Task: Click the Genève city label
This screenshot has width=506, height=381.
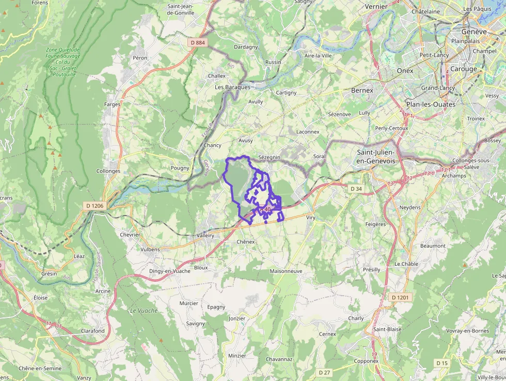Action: coord(474,32)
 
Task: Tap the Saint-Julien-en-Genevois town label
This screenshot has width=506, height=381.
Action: coord(376,157)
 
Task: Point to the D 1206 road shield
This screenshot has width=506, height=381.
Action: coord(94,206)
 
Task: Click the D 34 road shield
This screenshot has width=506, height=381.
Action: coord(356,189)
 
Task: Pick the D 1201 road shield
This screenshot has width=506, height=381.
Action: coord(400,297)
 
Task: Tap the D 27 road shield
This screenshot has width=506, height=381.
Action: coord(324,372)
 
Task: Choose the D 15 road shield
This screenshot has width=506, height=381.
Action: coord(441,363)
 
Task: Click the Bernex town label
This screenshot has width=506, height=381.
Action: coord(361,90)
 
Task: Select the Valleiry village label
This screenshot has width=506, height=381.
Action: coord(205,235)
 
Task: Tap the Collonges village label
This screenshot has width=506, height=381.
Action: coord(108,171)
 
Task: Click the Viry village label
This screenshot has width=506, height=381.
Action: coord(311,218)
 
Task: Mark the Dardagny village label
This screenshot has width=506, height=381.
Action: coord(246,47)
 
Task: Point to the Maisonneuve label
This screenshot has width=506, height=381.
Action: coord(286,271)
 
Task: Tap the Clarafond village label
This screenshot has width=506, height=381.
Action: coord(92,331)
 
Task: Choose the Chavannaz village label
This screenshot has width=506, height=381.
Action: coord(279,359)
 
